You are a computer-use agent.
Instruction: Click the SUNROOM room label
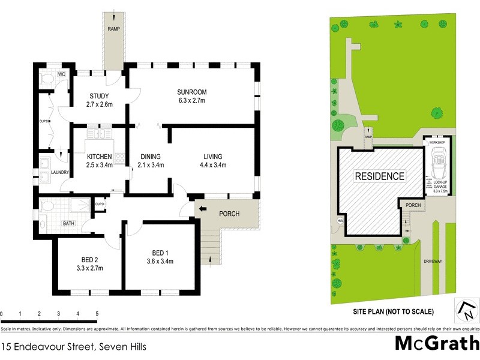click(191, 96)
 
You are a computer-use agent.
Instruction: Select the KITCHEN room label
click(99, 161)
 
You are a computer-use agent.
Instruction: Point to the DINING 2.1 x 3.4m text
click(151, 161)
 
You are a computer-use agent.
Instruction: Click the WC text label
click(61, 74)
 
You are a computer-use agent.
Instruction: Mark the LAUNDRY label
click(61, 173)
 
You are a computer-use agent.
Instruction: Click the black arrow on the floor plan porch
click(202, 209)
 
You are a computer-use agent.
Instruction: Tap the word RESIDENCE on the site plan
click(379, 176)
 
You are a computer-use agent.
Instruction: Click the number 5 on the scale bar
click(97, 314)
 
